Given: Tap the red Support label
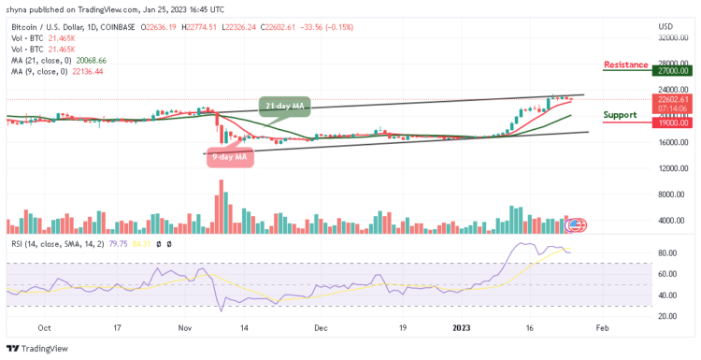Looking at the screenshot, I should (x=621, y=115).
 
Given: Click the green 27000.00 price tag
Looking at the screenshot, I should (x=672, y=70).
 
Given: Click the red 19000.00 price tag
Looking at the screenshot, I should (x=672, y=122).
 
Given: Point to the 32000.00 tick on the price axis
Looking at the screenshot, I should (x=672, y=38).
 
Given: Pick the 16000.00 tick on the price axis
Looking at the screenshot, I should (x=672, y=142).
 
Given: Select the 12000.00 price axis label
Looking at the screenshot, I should (x=672, y=168).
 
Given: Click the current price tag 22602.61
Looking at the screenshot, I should (x=672, y=99).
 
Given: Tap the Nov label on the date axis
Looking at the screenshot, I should (x=185, y=329).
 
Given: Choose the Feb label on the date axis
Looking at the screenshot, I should (x=602, y=329).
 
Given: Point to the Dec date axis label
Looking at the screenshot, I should (x=321, y=329).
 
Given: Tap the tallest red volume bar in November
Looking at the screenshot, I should (x=221, y=207).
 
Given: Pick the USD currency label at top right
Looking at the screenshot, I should (x=665, y=25).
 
